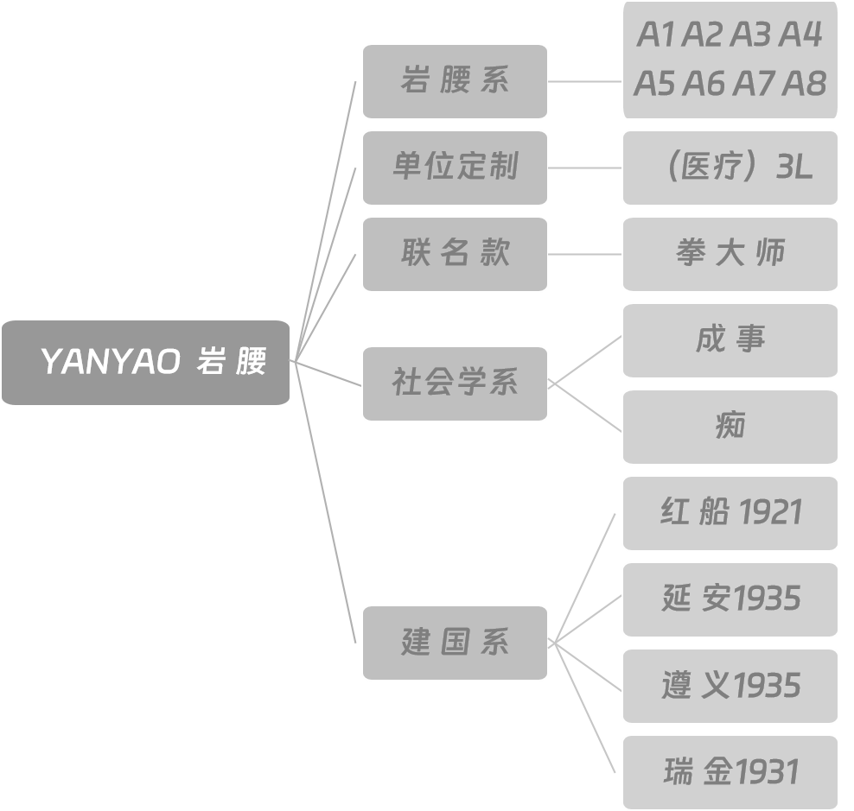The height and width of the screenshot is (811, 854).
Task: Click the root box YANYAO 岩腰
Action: [x=145, y=363]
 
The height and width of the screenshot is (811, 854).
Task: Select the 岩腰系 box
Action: [x=455, y=81]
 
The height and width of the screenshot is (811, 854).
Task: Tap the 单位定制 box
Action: [x=455, y=168]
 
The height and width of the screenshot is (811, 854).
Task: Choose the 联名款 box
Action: [x=455, y=254]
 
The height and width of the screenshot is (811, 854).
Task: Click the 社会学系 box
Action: [x=455, y=383]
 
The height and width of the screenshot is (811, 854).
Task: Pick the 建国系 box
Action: [x=455, y=643]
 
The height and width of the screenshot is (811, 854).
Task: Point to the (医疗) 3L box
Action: [x=730, y=168]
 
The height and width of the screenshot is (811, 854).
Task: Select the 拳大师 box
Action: [x=730, y=254]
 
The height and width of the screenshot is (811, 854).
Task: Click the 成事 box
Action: [x=730, y=340]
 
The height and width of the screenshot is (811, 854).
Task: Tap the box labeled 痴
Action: [x=730, y=427]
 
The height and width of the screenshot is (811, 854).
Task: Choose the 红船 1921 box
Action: [x=730, y=513]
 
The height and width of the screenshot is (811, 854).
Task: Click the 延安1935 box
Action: [x=730, y=599]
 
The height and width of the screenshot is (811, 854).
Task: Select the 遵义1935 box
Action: [x=730, y=686]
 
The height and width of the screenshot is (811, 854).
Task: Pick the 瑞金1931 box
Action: [x=730, y=772]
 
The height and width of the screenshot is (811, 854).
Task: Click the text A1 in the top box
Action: [x=656, y=35]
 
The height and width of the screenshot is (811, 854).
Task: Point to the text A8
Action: [x=805, y=84]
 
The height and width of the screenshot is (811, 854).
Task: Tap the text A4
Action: [x=801, y=35]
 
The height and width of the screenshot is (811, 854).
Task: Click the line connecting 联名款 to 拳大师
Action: [x=585, y=255]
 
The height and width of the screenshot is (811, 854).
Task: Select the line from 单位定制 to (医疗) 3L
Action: [x=585, y=168]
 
